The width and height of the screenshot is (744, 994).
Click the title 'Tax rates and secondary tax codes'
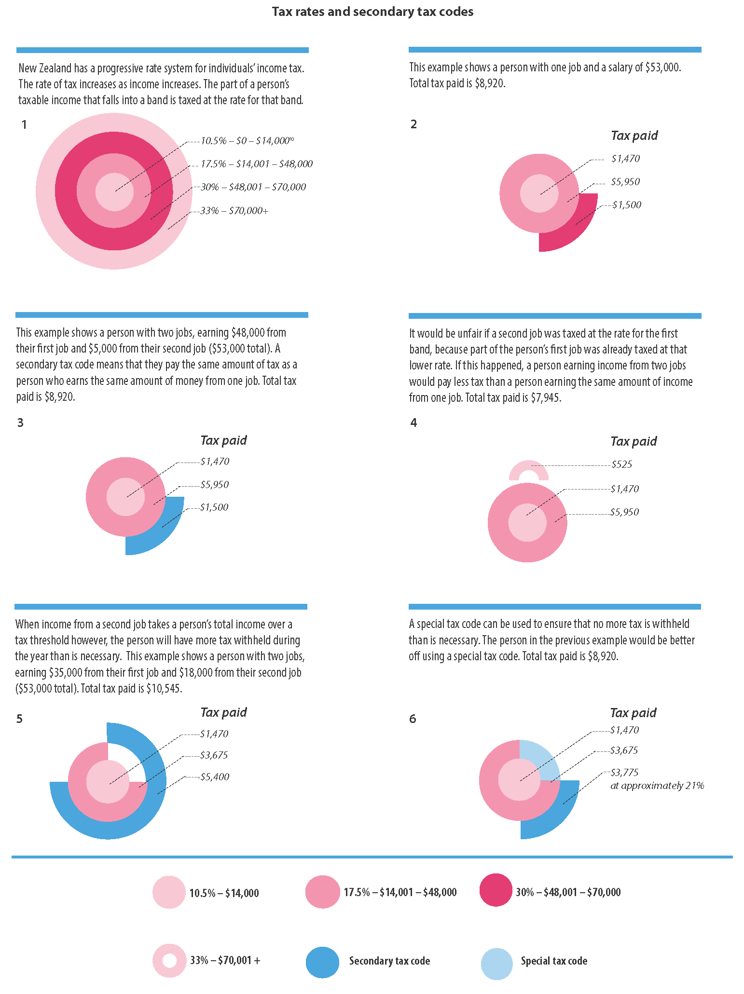372,12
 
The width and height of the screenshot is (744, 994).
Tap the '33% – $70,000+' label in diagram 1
234,211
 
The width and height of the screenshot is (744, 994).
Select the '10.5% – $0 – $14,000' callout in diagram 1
245,141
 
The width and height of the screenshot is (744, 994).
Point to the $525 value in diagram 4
621,464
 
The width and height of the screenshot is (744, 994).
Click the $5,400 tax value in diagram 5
215,776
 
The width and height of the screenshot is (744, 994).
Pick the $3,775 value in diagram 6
624,772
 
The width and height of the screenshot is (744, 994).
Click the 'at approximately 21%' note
657,786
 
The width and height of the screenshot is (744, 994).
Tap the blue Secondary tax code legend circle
322,961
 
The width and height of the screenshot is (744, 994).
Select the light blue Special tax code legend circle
496,961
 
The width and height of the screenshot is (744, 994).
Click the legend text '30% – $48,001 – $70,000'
568,892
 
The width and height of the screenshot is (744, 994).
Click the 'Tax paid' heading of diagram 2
634,136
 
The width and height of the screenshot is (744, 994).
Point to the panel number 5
19,719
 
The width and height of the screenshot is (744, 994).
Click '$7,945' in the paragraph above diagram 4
546,398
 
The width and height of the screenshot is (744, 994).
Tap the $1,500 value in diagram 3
214,507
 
